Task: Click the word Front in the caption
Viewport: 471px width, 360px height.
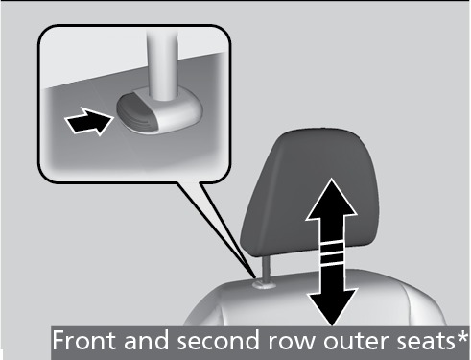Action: [x=84, y=340]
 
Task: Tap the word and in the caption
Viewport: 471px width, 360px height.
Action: [x=147, y=340]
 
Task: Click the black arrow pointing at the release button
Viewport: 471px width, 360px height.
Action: [x=89, y=121]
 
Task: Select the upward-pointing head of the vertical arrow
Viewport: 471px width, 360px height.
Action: [x=331, y=200]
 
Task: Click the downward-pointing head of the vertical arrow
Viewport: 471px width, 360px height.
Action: [x=332, y=305]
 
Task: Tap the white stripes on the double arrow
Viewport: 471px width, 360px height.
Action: [x=332, y=253]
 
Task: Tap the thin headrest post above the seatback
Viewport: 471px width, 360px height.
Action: [x=267, y=268]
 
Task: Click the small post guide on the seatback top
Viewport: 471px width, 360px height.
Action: [x=264, y=284]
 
